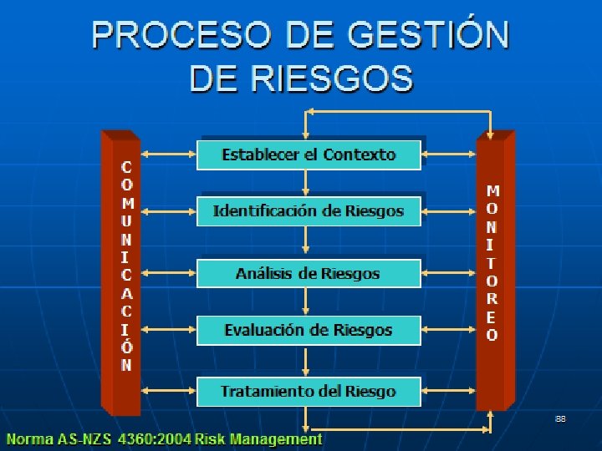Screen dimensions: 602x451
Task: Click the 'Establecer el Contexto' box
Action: coord(309,155)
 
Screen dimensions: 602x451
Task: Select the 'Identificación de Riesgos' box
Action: coord(309,211)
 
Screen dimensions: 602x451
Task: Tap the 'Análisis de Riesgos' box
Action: coord(309,273)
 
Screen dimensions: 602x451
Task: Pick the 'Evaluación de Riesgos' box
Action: coord(309,330)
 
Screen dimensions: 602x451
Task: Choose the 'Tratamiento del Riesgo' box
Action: coord(309,391)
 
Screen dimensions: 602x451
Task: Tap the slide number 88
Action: coord(560,418)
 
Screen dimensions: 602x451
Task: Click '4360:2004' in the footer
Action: coord(158,439)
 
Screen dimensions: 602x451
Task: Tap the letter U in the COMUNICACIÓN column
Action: coord(126,221)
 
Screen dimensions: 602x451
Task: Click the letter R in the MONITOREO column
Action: coord(492,297)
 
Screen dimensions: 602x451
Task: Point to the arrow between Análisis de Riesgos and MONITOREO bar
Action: coord(450,273)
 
